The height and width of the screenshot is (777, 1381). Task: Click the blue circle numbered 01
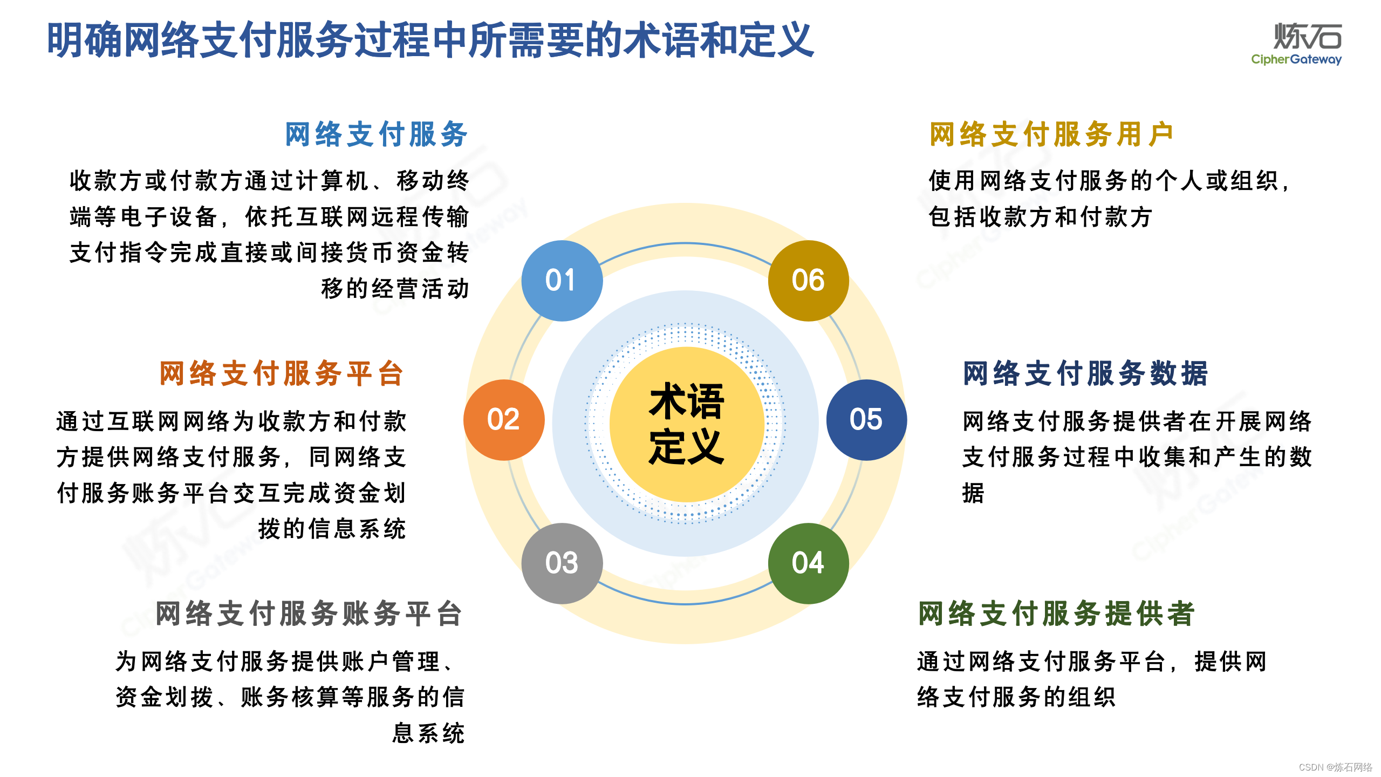pyautogui.click(x=562, y=281)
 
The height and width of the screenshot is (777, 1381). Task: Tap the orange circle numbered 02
pyautogui.click(x=504, y=420)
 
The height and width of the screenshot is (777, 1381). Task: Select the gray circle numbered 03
pyautogui.click(x=562, y=563)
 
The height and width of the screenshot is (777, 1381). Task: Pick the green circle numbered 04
pyautogui.click(x=808, y=563)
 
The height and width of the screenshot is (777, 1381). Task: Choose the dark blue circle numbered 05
pyautogui.click(x=866, y=420)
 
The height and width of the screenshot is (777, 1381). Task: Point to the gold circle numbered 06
pyautogui.click(x=808, y=281)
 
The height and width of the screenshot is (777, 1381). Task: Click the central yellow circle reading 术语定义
pyautogui.click(x=686, y=424)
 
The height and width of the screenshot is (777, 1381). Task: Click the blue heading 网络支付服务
pyautogui.click(x=376, y=134)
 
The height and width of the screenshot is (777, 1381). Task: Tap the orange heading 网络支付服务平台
pyautogui.click(x=282, y=373)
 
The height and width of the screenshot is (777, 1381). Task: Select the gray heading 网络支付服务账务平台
pyautogui.click(x=309, y=614)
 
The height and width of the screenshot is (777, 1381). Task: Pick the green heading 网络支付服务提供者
pyautogui.click(x=1056, y=614)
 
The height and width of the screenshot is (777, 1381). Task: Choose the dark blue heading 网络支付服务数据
pyautogui.click(x=1085, y=373)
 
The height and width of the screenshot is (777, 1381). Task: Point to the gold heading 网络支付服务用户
pyautogui.click(x=1051, y=134)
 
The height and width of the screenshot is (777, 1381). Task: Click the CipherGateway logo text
pyautogui.click(x=1296, y=59)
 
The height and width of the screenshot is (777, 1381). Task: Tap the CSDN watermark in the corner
pyautogui.click(x=1335, y=767)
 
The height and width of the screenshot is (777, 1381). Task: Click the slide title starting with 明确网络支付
pyautogui.click(x=430, y=40)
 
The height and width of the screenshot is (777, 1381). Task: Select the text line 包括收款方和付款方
pyautogui.click(x=1040, y=217)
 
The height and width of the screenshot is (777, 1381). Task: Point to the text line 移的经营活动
pyautogui.click(x=395, y=289)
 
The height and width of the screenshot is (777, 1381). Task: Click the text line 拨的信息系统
pyautogui.click(x=332, y=529)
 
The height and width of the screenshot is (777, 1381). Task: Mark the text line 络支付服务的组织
pyautogui.click(x=1016, y=697)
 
